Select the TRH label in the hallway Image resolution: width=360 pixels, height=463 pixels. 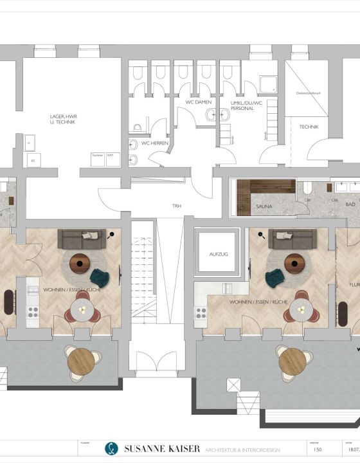pyautogui.click(x=177, y=206)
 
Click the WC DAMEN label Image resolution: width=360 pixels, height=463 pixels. pyautogui.click(x=199, y=103)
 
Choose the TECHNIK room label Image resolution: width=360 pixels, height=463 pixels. pyautogui.click(x=309, y=127)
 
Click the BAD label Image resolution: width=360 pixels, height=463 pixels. pyautogui.click(x=350, y=204)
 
